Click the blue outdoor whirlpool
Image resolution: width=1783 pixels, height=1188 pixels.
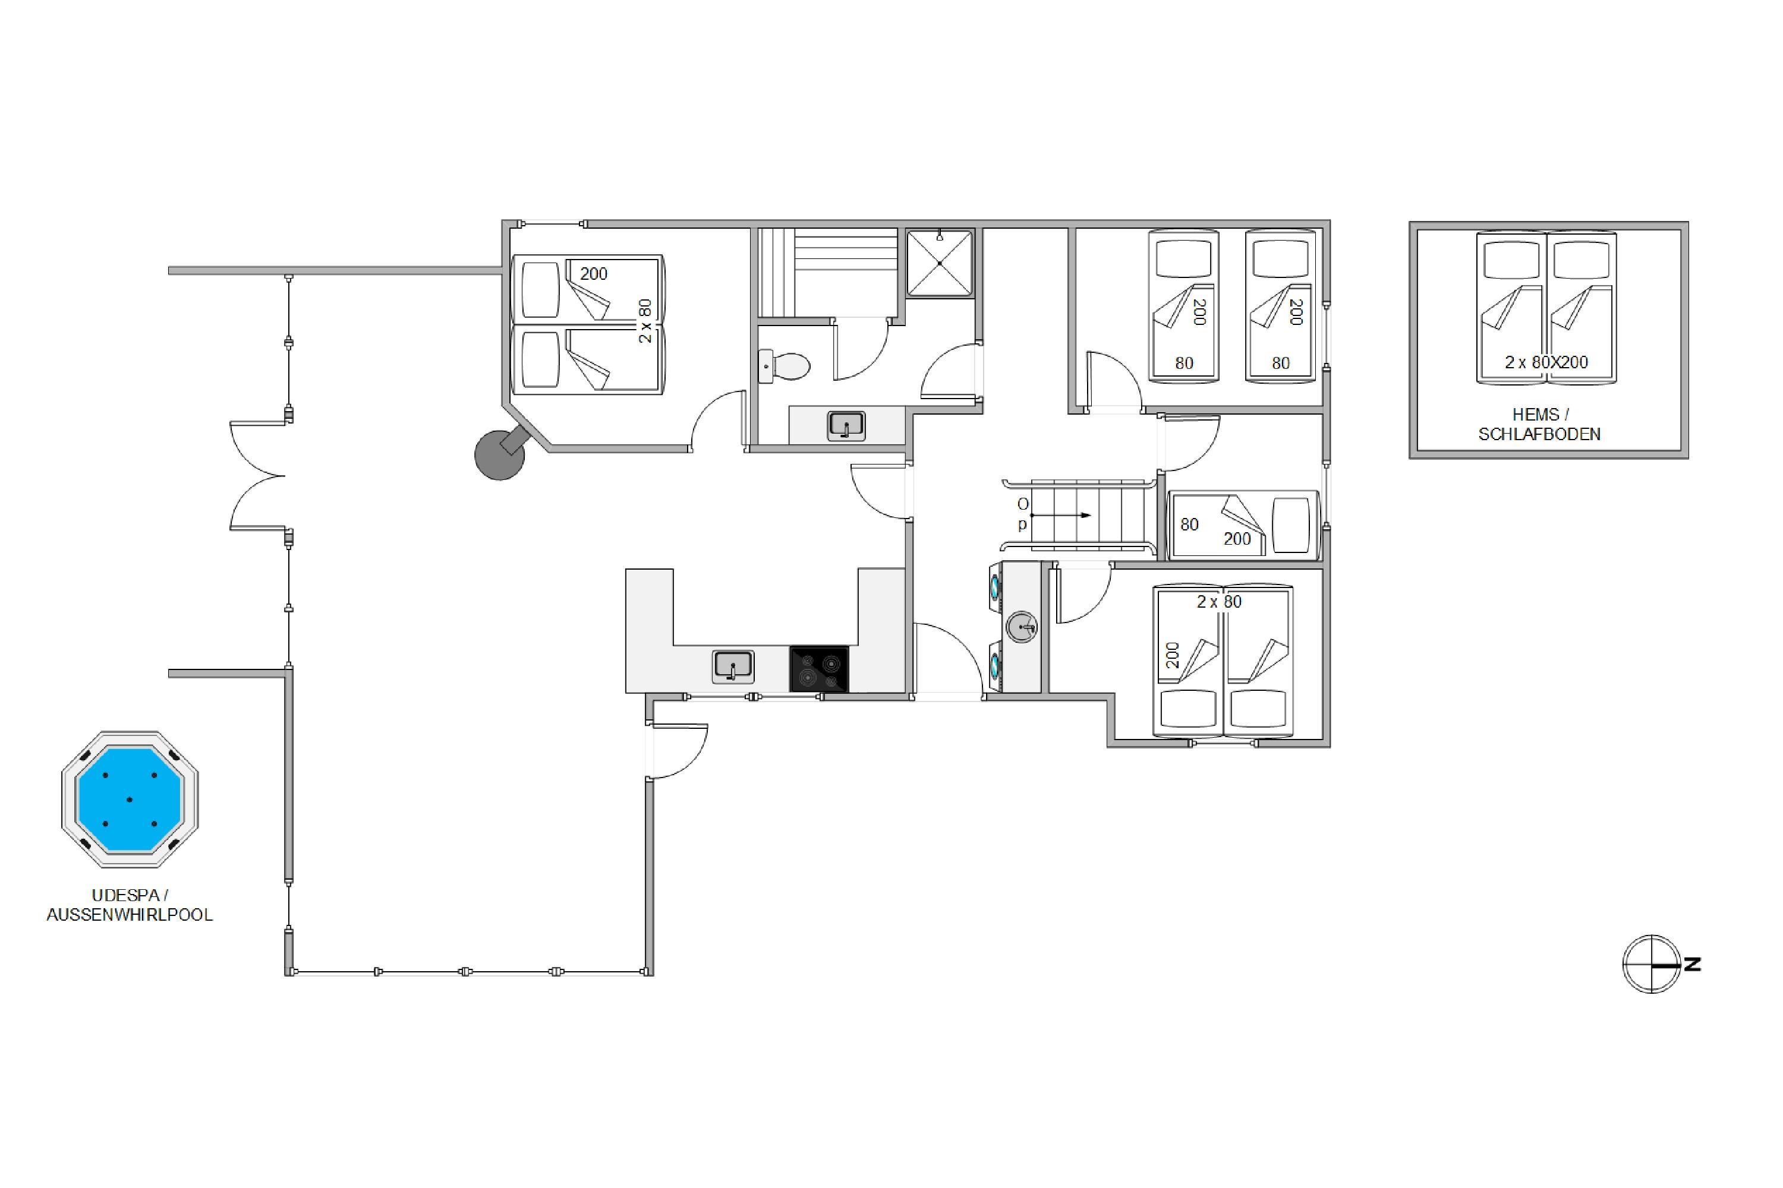click(130, 800)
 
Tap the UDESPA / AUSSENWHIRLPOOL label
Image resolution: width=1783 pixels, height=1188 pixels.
click(130, 905)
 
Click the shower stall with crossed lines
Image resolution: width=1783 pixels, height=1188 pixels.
click(939, 263)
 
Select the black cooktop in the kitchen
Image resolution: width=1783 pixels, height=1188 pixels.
click(819, 669)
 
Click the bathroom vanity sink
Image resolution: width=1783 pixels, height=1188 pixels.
click(846, 426)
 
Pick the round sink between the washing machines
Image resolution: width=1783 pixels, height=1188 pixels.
click(1022, 627)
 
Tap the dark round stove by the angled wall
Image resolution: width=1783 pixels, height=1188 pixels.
click(500, 454)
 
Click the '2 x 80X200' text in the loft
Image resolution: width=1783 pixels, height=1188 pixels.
click(1546, 362)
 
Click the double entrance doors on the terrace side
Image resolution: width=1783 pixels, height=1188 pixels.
click(258, 476)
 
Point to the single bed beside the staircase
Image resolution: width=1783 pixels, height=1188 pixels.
click(1243, 525)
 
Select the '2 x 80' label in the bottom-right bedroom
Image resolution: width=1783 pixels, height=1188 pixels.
click(1219, 602)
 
